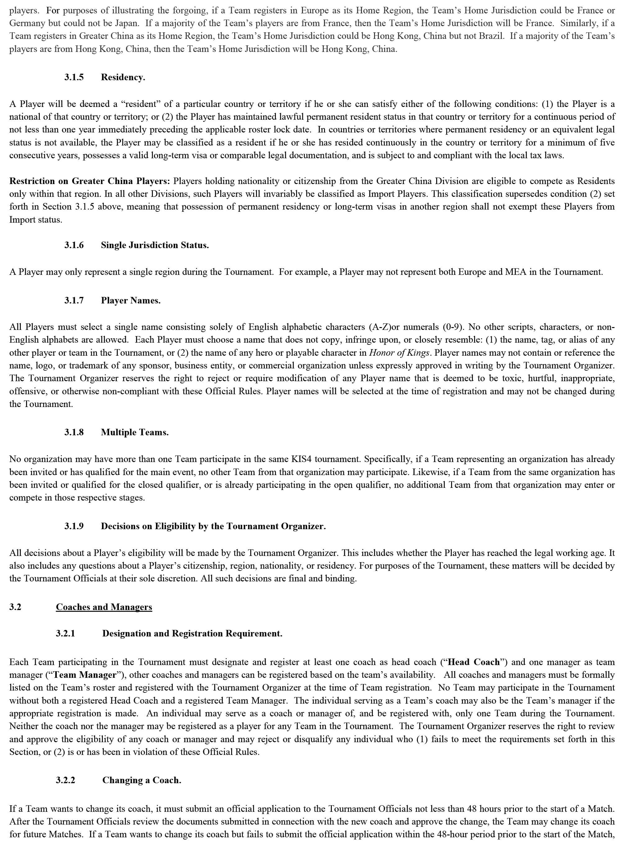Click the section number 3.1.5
74,77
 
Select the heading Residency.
123,77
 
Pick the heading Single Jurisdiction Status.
155,245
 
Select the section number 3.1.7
74,301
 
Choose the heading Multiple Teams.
135,432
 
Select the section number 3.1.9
74,526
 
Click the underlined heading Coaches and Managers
104,607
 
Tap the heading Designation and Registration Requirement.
192,633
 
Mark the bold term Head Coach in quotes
474,662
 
